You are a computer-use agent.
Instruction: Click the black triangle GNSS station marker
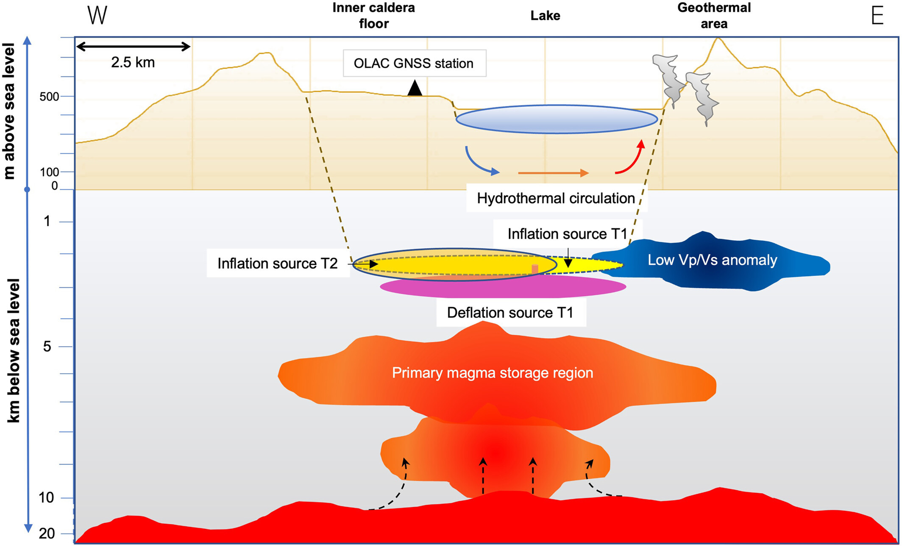415,89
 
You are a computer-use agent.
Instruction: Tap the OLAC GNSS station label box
414,64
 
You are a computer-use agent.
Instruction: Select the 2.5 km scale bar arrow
133,47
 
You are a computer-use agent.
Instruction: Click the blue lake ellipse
557,119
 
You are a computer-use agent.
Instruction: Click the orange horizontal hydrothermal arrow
553,173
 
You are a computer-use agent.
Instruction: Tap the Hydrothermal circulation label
556,198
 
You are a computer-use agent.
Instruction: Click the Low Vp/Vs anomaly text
712,260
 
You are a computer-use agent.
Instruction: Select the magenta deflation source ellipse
503,288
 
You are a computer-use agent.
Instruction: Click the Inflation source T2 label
278,264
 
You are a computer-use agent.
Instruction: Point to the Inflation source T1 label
567,234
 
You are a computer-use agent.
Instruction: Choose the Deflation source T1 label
510,313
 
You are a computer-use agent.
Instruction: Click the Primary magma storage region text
492,373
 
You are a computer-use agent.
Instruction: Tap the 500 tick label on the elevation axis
49,97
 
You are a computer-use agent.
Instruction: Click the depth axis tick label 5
47,347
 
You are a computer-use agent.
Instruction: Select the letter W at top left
97,16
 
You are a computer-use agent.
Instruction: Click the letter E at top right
877,16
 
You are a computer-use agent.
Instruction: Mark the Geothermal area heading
714,16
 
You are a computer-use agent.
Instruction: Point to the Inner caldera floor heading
373,16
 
